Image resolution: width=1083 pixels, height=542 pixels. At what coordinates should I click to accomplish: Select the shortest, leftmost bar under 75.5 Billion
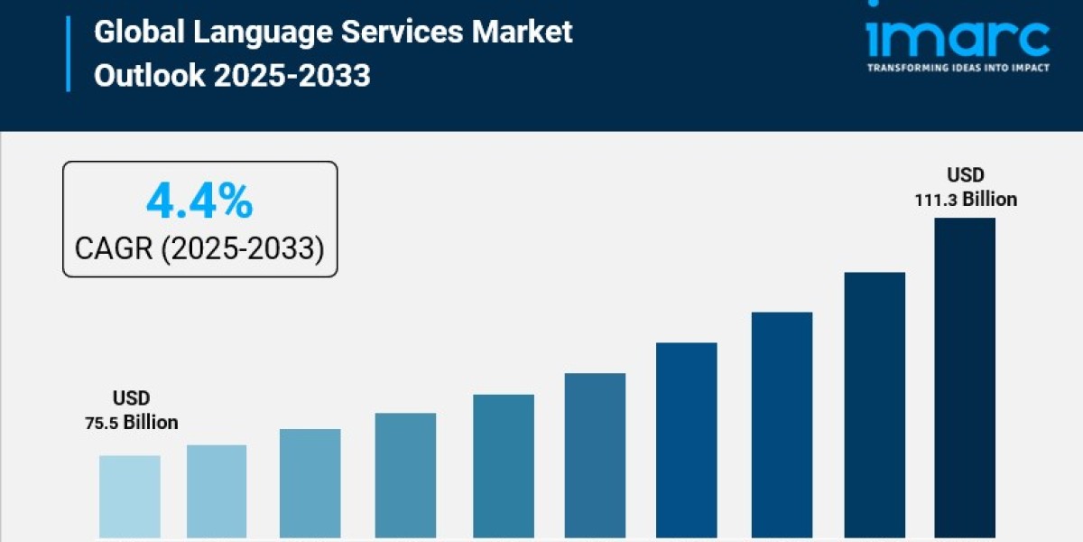pos(130,496)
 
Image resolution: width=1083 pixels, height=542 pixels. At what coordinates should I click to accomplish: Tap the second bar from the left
pos(217,491)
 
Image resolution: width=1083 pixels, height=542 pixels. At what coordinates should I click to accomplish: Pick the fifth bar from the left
pos(504,466)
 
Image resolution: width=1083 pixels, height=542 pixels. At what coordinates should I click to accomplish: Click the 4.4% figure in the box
pos(199,202)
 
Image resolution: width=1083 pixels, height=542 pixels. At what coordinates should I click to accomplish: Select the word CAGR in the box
pos(115,248)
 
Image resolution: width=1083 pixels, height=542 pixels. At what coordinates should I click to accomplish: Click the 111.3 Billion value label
pos(966,199)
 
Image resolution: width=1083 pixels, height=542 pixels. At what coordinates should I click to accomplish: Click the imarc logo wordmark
pos(958,37)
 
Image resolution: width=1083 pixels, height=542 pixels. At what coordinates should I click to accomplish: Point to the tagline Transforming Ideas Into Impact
pos(958,68)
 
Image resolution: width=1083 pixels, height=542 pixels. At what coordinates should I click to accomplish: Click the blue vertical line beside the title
pos(68,53)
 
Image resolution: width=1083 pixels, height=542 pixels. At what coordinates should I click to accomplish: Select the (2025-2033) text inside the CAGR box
pos(243,248)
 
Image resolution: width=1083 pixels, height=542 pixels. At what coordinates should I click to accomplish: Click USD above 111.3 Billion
pos(966,175)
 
